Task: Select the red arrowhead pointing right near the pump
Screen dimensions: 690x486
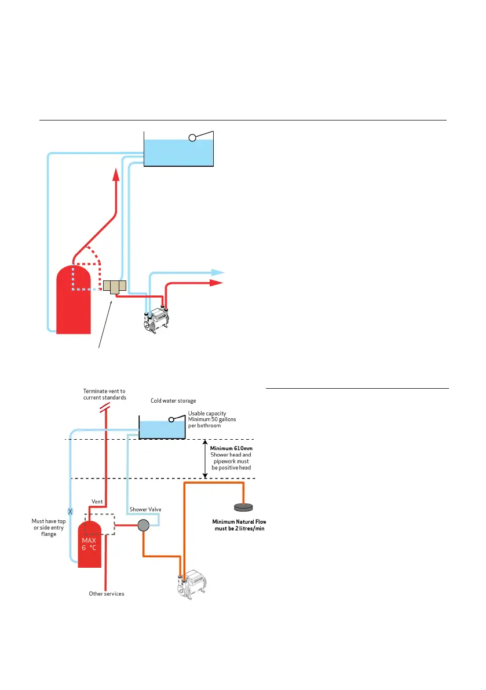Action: coord(217,283)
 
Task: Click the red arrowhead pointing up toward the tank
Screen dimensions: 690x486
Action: coord(116,173)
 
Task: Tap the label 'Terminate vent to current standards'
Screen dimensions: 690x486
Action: coord(104,395)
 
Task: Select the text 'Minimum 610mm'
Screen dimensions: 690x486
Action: coord(231,448)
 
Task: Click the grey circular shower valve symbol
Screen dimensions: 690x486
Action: coord(142,526)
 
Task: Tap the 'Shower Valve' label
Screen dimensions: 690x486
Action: coord(145,509)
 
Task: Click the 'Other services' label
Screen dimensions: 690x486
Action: coord(106,594)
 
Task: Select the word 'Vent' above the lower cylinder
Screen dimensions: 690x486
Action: coord(97,501)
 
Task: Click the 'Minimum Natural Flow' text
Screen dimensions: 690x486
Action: coord(239,521)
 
